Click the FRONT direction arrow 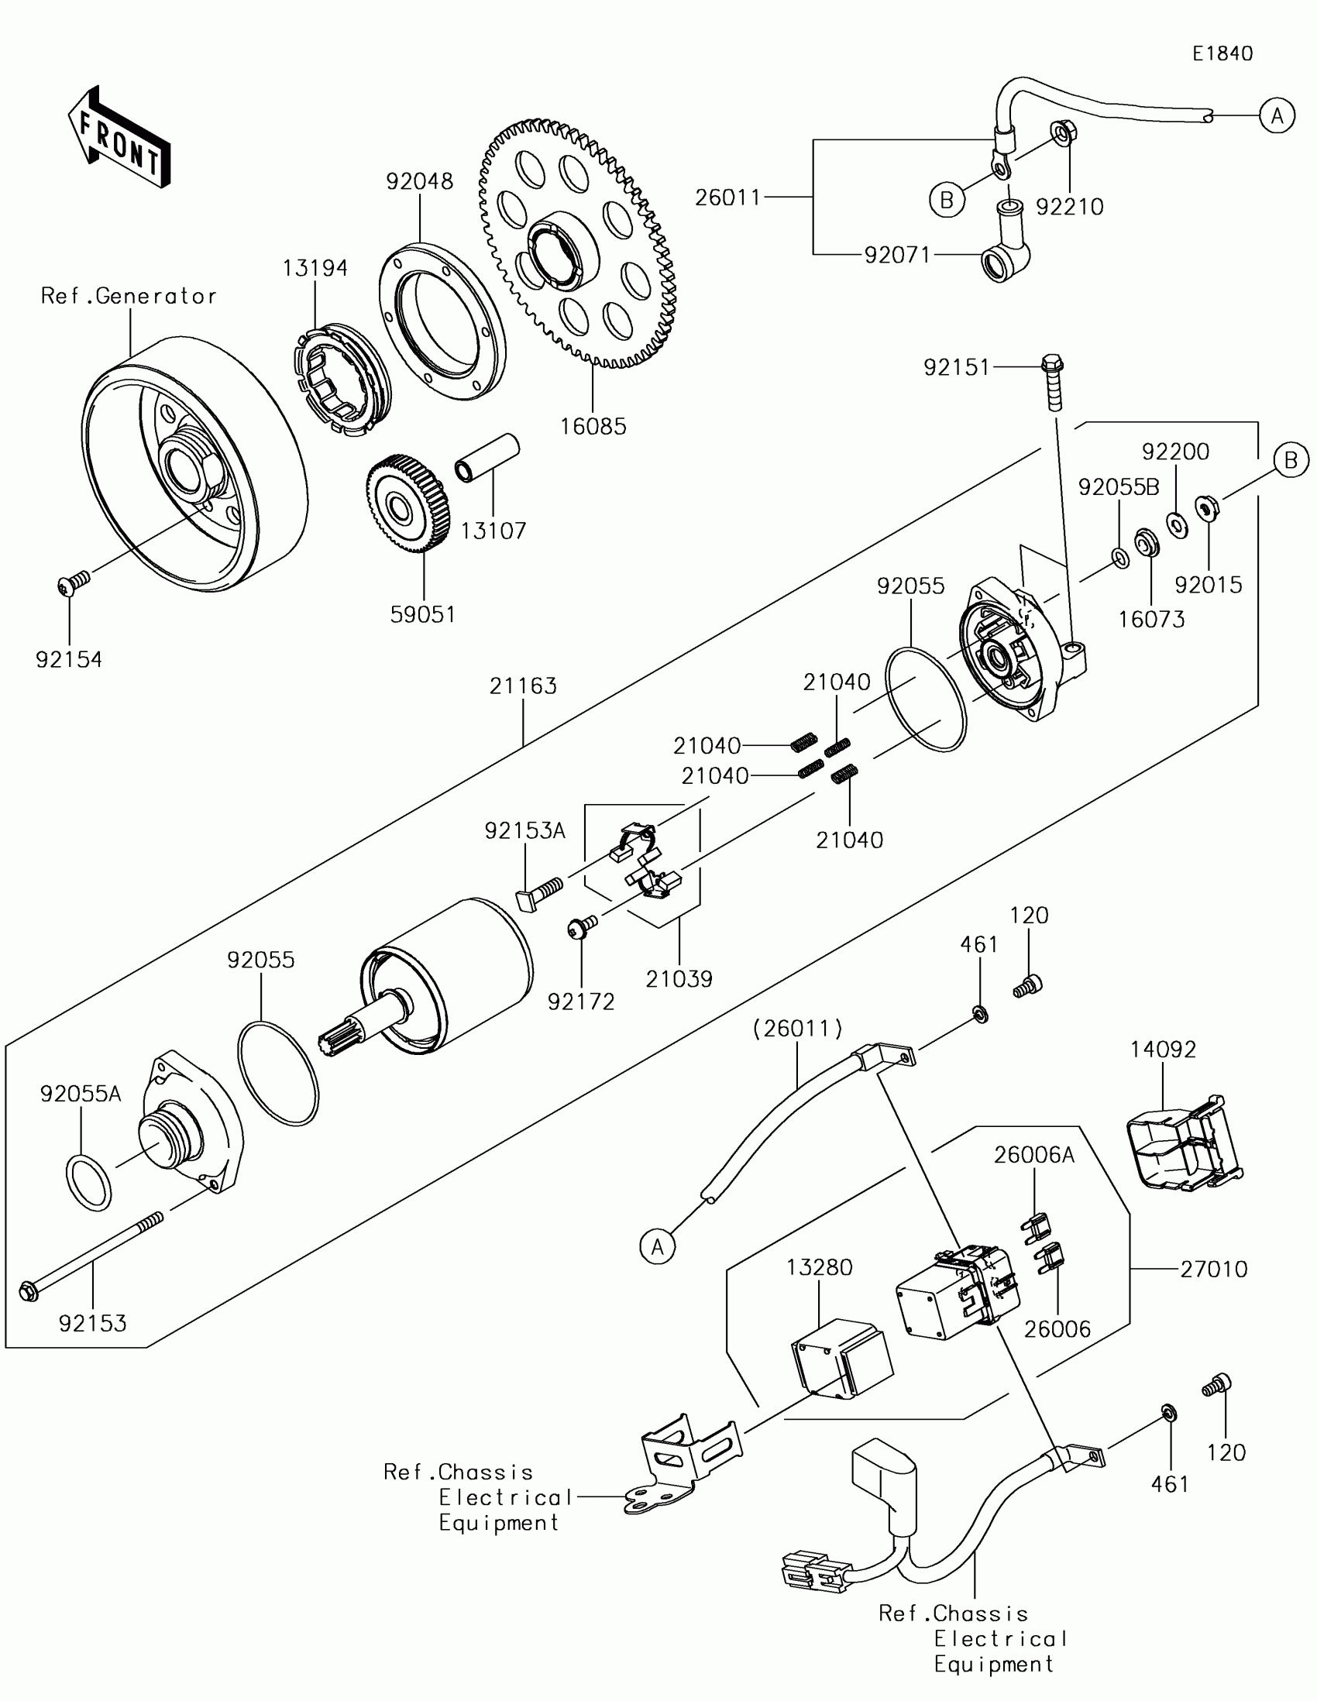tap(119, 137)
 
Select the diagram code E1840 tap(1222, 53)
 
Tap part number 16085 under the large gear tap(593, 426)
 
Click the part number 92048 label tap(420, 181)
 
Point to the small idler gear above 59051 tap(407, 505)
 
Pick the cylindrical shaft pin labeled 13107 tap(487, 458)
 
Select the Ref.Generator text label tap(129, 296)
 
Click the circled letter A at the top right tap(1277, 116)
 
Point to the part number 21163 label tap(524, 686)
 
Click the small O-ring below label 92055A tap(88, 1183)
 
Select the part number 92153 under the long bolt tap(93, 1323)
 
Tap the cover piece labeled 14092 tap(1185, 1143)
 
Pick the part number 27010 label tap(1214, 1270)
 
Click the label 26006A tap(1034, 1155)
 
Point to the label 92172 tap(581, 1002)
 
